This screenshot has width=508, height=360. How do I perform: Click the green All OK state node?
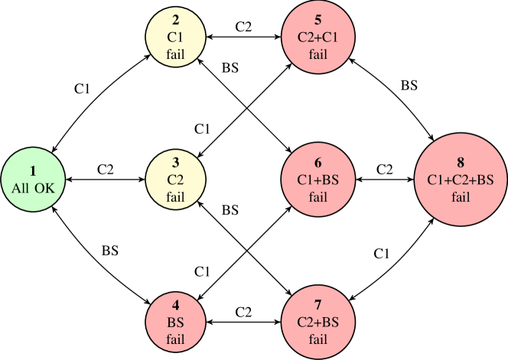point(33,180)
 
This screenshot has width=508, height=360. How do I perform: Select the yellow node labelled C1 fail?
point(176,35)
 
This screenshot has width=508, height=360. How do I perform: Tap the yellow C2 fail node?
point(176,180)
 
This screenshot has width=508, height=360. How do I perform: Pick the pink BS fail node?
point(176,323)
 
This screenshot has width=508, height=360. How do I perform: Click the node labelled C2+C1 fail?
point(318,35)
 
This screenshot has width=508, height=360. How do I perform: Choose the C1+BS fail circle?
point(318,180)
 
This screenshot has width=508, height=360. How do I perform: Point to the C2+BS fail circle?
point(318,323)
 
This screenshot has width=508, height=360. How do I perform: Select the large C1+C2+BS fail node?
point(460,180)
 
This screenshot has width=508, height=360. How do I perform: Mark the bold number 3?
point(176,162)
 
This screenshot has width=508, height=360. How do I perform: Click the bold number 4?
point(176,306)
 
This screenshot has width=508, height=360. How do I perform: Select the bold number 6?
point(318,162)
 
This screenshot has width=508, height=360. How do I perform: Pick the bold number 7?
point(318,306)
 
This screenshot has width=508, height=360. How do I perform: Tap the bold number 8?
point(460,162)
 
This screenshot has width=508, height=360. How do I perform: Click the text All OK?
point(33,188)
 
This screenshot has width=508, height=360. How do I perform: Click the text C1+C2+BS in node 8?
point(460,180)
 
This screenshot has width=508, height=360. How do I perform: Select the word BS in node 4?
point(176,323)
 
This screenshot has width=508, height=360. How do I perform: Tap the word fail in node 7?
point(318,340)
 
